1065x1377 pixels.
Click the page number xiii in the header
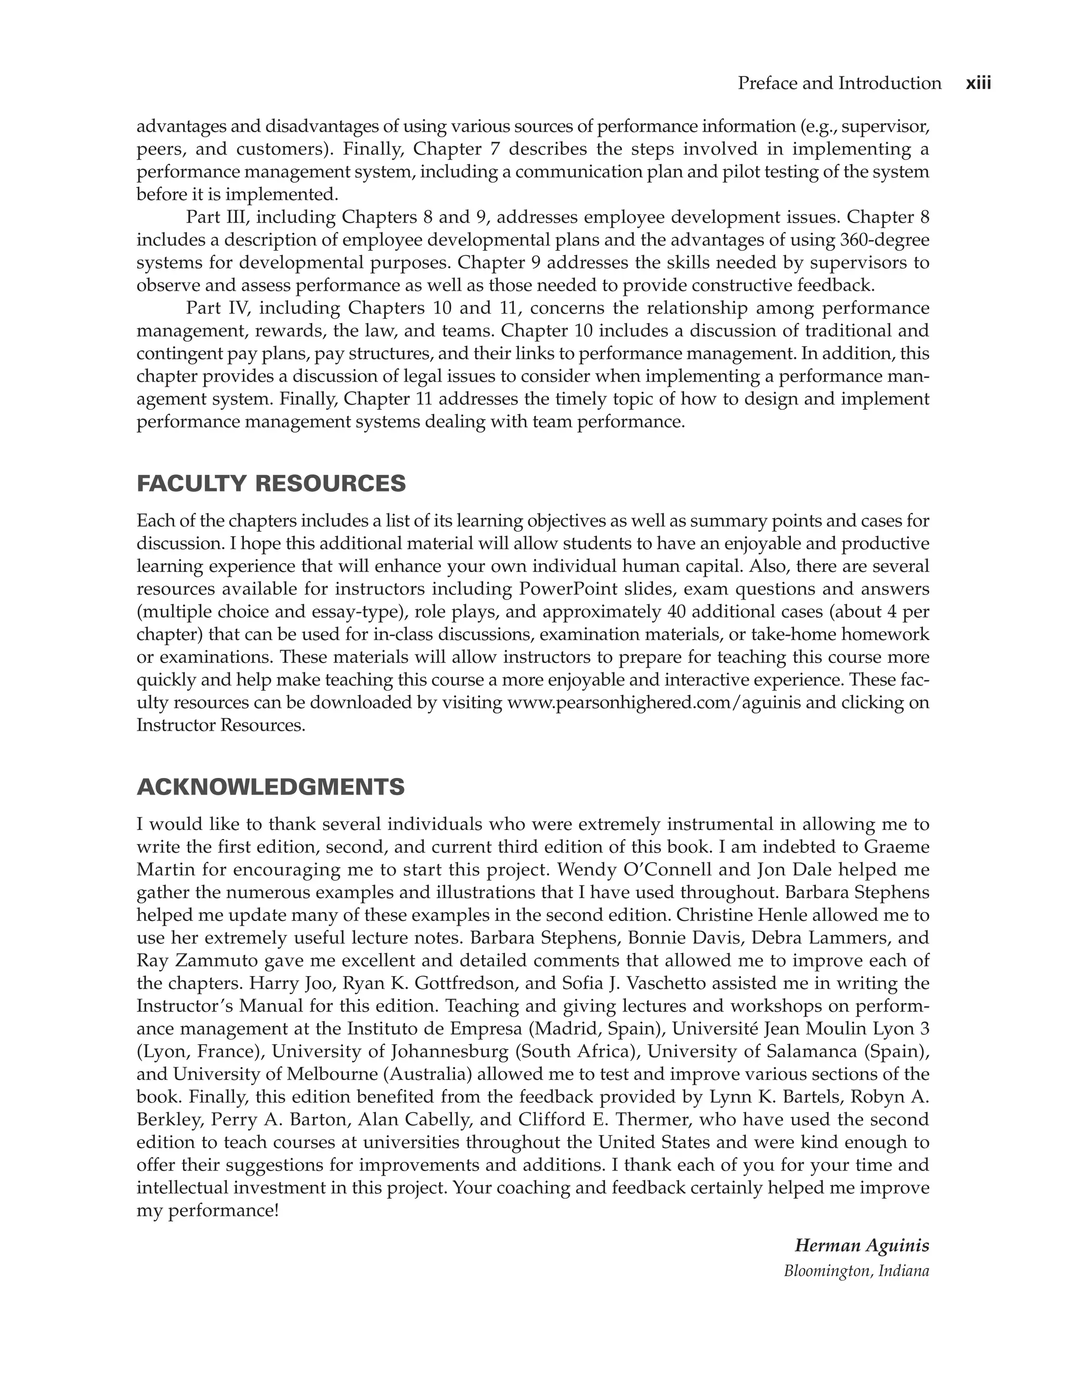pos(978,83)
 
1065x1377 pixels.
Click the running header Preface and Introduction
pos(839,83)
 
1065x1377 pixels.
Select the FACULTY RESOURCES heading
pos(271,484)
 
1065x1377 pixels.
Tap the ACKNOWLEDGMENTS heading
pos(270,787)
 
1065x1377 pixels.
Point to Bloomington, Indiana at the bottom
pos(856,1270)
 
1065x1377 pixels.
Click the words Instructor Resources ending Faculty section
pos(220,725)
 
